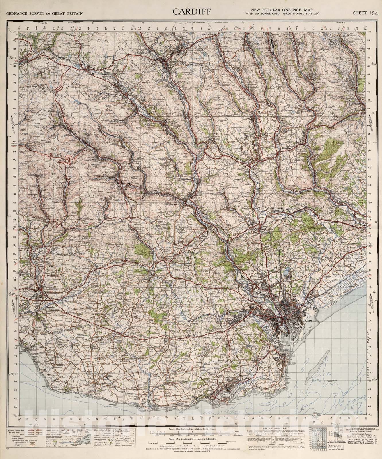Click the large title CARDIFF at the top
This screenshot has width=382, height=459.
pos(192,12)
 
